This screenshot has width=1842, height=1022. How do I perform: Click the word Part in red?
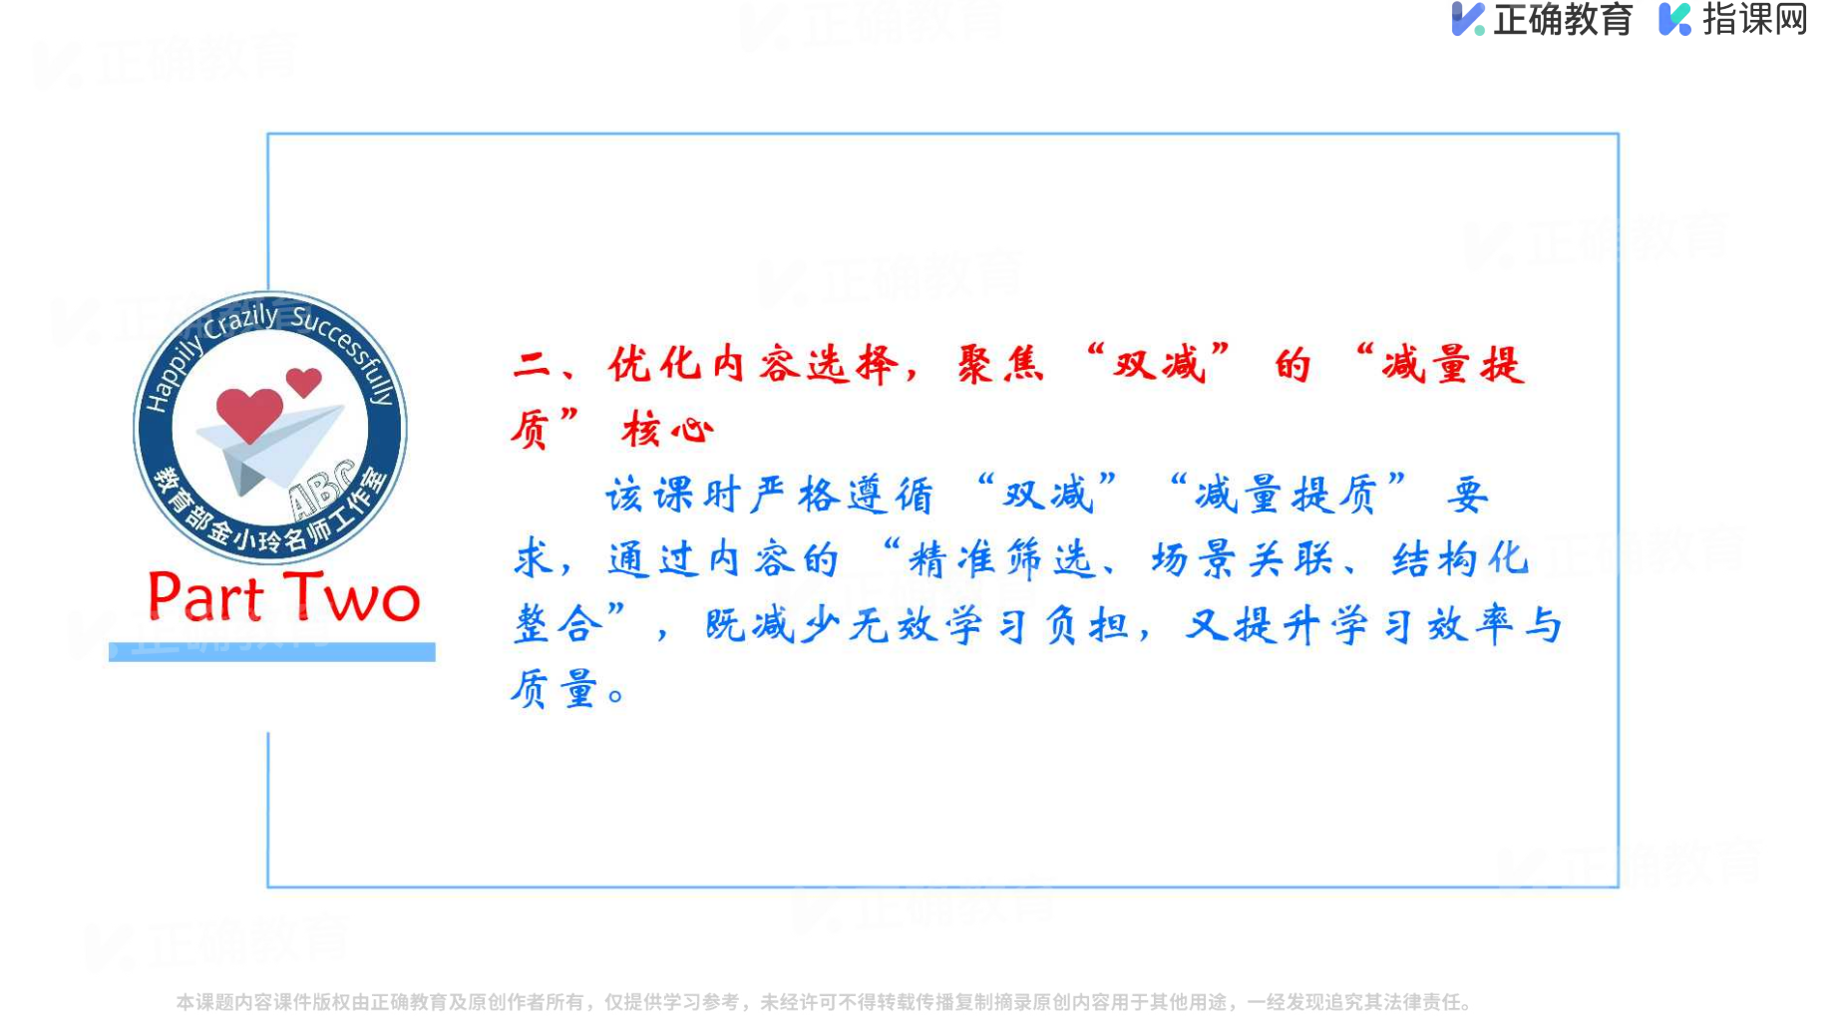(x=205, y=597)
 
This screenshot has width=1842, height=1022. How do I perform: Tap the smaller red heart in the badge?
(x=303, y=382)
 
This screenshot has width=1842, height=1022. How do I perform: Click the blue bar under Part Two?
(x=272, y=652)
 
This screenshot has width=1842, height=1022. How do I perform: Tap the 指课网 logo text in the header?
(x=1754, y=19)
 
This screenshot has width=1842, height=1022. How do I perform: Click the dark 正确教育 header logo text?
(x=1562, y=19)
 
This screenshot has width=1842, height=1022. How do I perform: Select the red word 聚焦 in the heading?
(x=1000, y=365)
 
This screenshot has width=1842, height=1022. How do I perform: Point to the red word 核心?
(x=667, y=430)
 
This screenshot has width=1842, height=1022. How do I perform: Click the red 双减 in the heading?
(x=1160, y=365)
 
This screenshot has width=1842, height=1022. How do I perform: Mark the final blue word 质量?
(x=553, y=689)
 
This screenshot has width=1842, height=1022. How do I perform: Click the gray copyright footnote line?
(x=824, y=1002)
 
